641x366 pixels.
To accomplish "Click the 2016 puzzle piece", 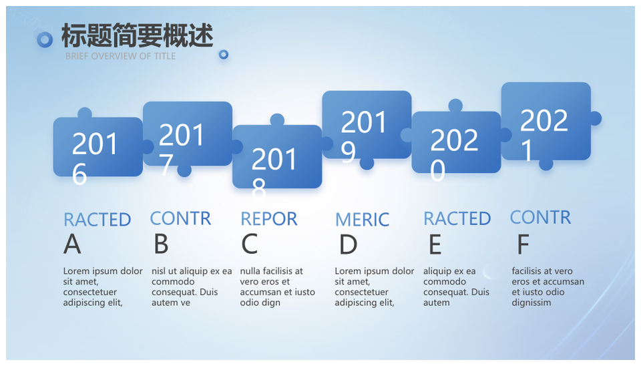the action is (98, 146).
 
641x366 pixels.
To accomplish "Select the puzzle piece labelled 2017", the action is (188, 134).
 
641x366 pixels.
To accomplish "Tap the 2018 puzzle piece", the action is (277, 156).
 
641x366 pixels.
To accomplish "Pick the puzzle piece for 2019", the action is (367, 124).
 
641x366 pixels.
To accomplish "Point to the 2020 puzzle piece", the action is (456, 142).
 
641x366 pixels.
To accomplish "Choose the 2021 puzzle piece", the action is (546, 121).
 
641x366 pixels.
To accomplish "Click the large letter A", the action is (72, 244).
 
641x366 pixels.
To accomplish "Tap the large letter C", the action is (249, 244).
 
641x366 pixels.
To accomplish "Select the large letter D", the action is (349, 244).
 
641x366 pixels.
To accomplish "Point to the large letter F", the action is (523, 244).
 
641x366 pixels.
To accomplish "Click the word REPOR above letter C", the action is (269, 219).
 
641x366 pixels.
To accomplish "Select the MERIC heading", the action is (362, 220).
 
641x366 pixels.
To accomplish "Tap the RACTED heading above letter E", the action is (457, 219).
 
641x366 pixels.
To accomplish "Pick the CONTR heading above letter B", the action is (181, 218).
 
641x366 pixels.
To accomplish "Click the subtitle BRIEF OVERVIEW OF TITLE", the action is (121, 56).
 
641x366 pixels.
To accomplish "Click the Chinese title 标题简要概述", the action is (138, 35).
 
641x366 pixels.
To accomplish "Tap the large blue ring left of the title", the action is (45, 40).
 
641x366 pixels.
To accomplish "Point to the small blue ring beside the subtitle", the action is (224, 54).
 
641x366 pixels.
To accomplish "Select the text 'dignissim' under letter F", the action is (531, 303).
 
